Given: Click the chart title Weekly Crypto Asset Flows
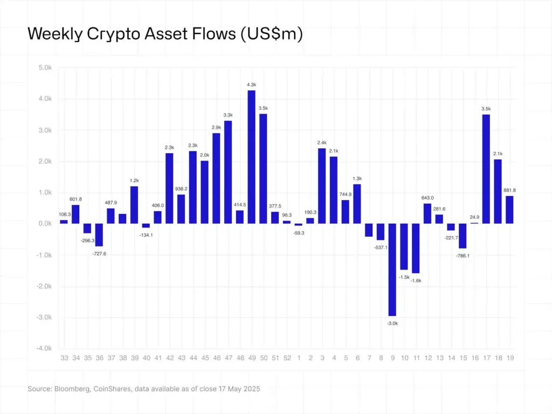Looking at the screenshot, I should pyautogui.click(x=165, y=33).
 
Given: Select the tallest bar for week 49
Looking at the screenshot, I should pyautogui.click(x=251, y=156).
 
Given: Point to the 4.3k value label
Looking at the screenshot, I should pyautogui.click(x=251, y=84).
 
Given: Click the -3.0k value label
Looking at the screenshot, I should pyautogui.click(x=392, y=323).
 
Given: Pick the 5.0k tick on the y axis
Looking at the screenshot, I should pyautogui.click(x=44, y=68).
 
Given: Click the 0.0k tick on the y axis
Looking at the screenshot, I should pyautogui.click(x=44, y=224).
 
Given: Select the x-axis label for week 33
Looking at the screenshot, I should pyautogui.click(x=64, y=357).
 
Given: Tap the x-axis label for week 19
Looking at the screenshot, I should pyautogui.click(x=509, y=357).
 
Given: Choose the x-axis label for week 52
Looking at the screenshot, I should pyautogui.click(x=287, y=357).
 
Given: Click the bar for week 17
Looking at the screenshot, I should pyautogui.click(x=486, y=169).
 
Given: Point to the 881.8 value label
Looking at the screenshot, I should pyautogui.click(x=509, y=189).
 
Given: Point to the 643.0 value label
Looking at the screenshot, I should pyautogui.click(x=428, y=197).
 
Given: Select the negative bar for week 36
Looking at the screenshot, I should pyautogui.click(x=99, y=234).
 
